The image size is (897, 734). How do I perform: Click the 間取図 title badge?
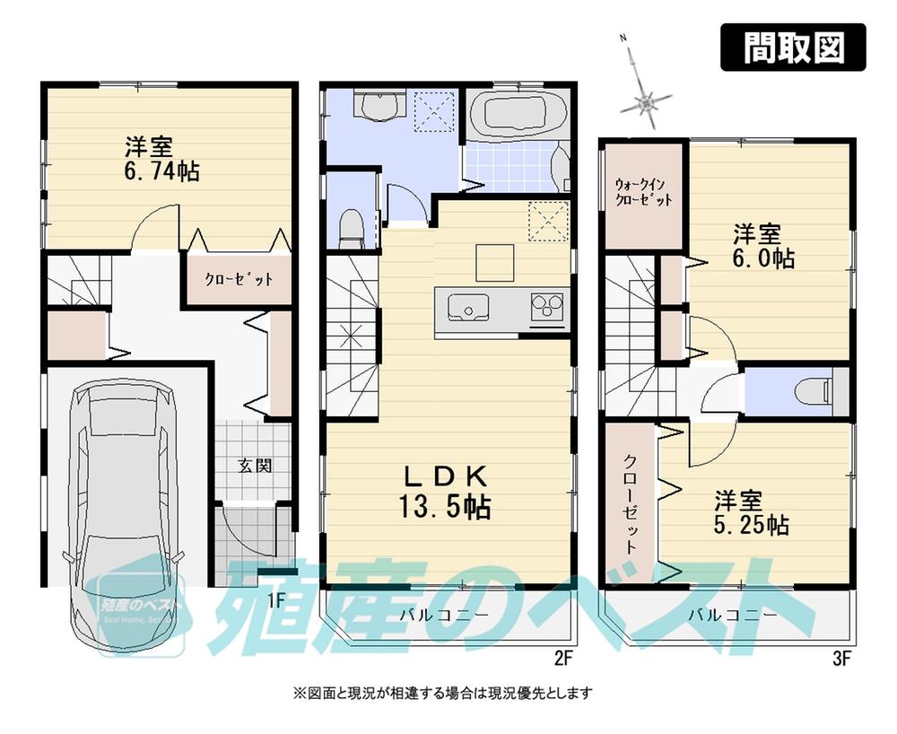point(794,48)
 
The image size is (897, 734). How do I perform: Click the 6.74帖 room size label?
point(162,160)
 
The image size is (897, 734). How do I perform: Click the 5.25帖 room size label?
point(752,511)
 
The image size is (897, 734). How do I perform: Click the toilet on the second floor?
point(352,226)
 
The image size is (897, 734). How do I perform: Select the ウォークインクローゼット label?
point(642,194)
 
